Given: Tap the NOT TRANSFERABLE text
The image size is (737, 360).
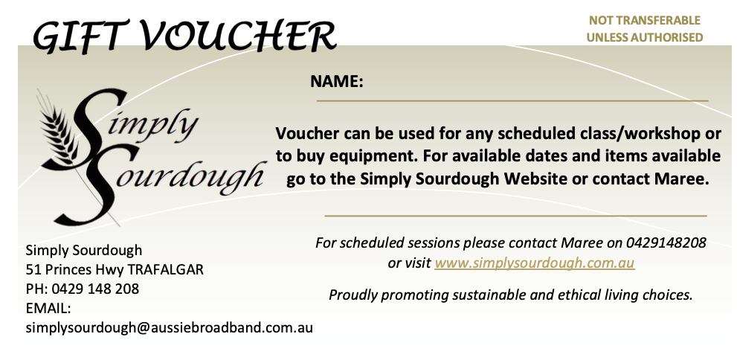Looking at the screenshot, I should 645,21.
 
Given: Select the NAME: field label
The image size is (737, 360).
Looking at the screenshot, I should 336,82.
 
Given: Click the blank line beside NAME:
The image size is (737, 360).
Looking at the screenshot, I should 513,100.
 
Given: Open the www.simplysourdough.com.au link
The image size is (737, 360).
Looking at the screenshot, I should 534,263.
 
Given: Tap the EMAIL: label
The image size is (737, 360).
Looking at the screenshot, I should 48,308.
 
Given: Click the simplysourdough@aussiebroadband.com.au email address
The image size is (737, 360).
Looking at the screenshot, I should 170,327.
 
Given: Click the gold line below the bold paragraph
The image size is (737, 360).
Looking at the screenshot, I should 515,216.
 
